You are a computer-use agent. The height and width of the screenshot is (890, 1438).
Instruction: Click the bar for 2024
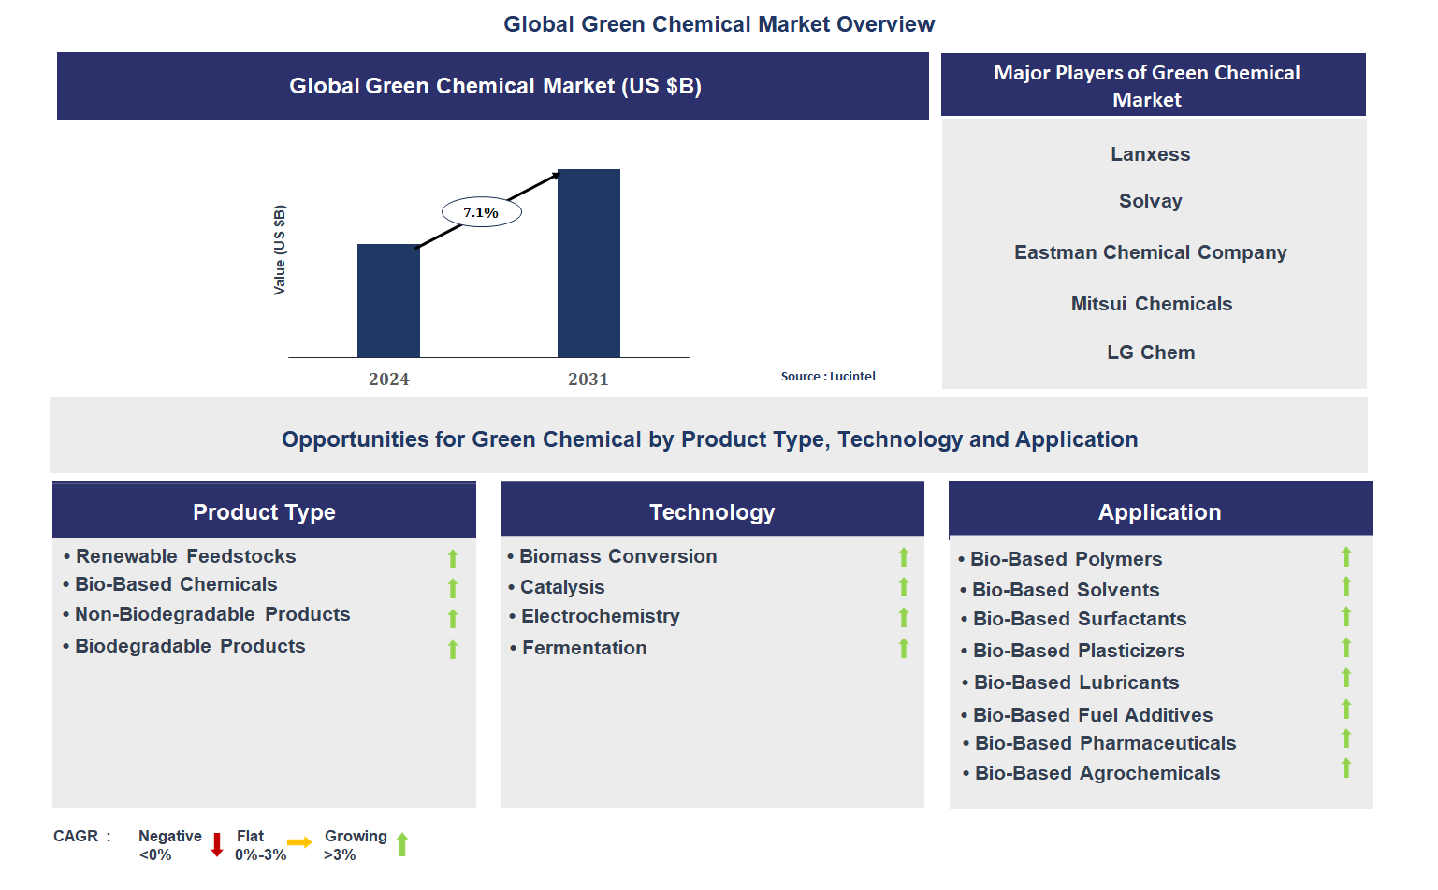click(388, 301)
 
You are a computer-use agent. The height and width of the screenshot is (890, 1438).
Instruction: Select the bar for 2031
click(588, 264)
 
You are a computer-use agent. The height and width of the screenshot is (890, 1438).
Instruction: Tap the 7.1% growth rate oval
click(481, 212)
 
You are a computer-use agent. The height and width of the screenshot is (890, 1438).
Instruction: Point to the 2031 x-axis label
click(588, 380)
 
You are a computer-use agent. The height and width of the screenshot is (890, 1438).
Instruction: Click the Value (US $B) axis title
click(280, 250)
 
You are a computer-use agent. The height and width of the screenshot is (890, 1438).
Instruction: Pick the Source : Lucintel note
click(828, 377)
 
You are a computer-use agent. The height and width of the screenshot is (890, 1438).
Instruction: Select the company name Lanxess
click(1150, 154)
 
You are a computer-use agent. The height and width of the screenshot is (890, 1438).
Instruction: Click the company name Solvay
click(1150, 201)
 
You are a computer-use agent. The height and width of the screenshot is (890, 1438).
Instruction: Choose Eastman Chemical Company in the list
click(1150, 252)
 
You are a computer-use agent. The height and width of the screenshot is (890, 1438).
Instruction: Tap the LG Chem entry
click(1150, 352)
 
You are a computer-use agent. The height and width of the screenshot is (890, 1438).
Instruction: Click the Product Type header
click(264, 512)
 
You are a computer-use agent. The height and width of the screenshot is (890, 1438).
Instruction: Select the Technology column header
click(712, 512)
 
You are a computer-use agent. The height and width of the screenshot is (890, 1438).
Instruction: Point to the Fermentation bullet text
click(584, 648)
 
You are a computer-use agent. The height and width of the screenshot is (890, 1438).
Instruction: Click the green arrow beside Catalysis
click(904, 587)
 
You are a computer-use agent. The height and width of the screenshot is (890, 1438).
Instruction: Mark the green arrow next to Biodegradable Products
click(453, 649)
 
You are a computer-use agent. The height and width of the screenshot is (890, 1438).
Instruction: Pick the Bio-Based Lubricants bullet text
click(1076, 682)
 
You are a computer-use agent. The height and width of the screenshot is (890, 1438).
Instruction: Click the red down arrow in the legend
click(217, 845)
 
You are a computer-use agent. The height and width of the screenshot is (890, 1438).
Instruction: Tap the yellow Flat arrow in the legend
click(299, 843)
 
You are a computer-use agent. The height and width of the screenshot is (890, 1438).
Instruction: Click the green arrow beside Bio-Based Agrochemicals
click(1346, 768)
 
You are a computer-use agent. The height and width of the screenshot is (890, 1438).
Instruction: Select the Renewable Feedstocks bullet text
click(185, 556)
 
